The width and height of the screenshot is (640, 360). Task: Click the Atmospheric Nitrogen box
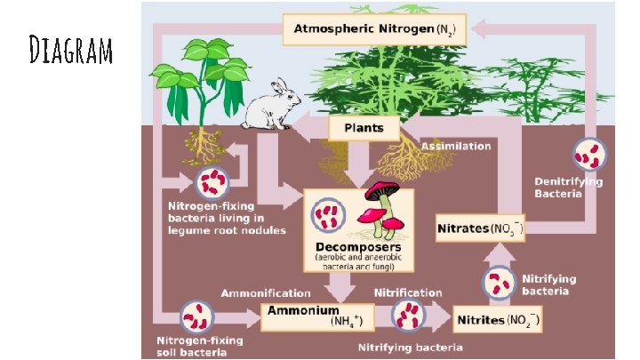point(374,29)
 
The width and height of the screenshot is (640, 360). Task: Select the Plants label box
point(364,128)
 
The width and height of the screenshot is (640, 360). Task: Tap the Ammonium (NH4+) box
point(317,316)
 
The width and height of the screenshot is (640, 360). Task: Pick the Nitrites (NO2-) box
point(498,319)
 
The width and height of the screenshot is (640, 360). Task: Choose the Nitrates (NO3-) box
point(480,228)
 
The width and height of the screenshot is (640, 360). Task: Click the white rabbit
point(270,105)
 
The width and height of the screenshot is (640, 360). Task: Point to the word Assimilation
point(456,146)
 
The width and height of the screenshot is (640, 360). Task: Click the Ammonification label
point(266,293)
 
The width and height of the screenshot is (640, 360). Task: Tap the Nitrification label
point(408,292)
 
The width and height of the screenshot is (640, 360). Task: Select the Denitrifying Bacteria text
point(569,188)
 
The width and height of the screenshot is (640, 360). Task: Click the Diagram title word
point(70,50)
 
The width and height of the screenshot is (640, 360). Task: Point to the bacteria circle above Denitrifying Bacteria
point(589,155)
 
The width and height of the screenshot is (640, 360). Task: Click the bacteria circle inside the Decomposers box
point(328,215)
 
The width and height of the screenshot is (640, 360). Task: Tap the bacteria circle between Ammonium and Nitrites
point(409,316)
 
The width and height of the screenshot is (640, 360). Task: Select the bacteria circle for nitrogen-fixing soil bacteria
point(196,316)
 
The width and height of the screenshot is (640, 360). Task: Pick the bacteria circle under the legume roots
point(212,182)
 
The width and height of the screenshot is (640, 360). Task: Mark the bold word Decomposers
point(358,247)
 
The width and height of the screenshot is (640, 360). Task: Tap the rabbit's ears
point(280,85)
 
